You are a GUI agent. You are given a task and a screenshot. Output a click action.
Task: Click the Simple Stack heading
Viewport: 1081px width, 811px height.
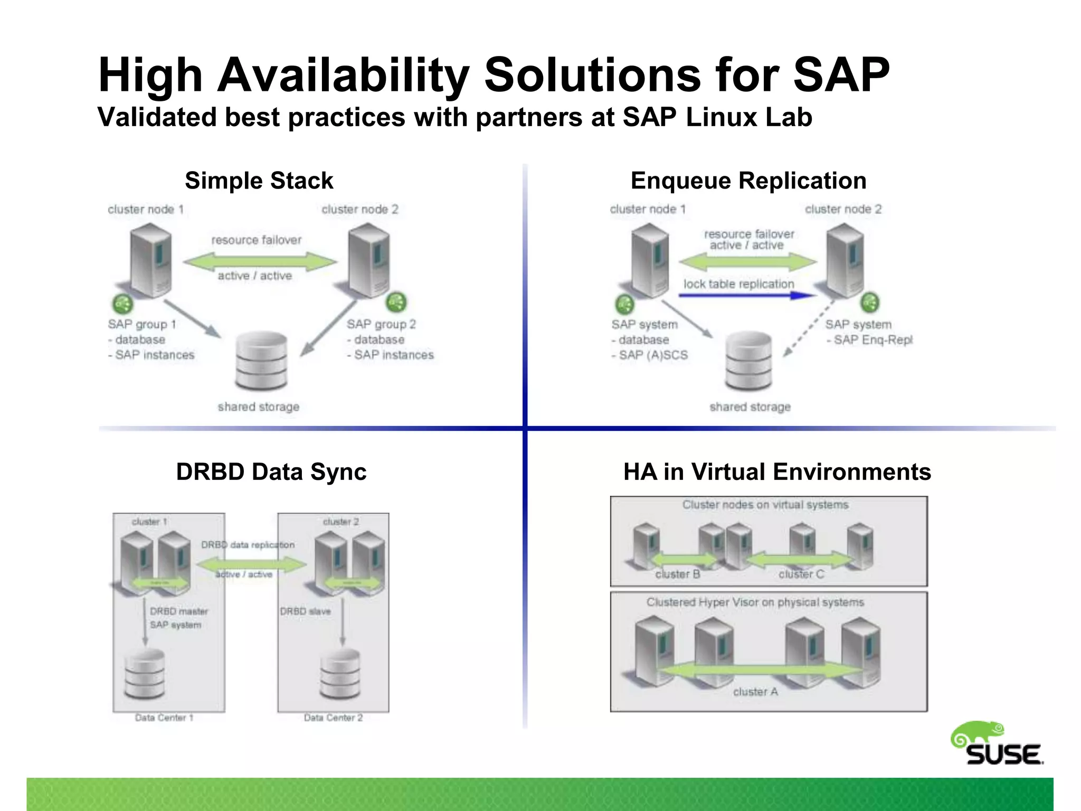point(259,181)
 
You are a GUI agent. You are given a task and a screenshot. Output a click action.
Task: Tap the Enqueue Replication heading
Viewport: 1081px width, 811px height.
point(748,181)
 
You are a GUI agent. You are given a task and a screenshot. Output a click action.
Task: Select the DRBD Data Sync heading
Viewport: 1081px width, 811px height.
point(271,471)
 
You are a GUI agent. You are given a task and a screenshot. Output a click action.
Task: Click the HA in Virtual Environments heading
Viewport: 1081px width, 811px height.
point(777,471)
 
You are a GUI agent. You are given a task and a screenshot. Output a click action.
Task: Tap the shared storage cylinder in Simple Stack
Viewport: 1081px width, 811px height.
point(261,361)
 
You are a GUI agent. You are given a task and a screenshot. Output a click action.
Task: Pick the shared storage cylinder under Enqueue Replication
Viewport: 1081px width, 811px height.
point(748,361)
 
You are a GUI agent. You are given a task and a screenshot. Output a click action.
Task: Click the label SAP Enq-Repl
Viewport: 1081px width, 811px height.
point(873,340)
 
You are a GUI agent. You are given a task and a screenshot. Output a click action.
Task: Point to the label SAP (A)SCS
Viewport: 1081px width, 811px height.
point(653,355)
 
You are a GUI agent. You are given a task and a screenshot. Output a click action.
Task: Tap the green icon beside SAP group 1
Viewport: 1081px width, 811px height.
point(122,304)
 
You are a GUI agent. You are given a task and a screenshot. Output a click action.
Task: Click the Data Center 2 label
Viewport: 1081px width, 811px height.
point(333,718)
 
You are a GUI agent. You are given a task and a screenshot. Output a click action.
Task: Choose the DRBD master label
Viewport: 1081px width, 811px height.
point(179,611)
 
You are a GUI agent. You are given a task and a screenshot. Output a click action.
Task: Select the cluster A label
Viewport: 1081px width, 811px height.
point(755,692)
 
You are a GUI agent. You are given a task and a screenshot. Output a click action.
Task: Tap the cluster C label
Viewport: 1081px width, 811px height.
point(801,574)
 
